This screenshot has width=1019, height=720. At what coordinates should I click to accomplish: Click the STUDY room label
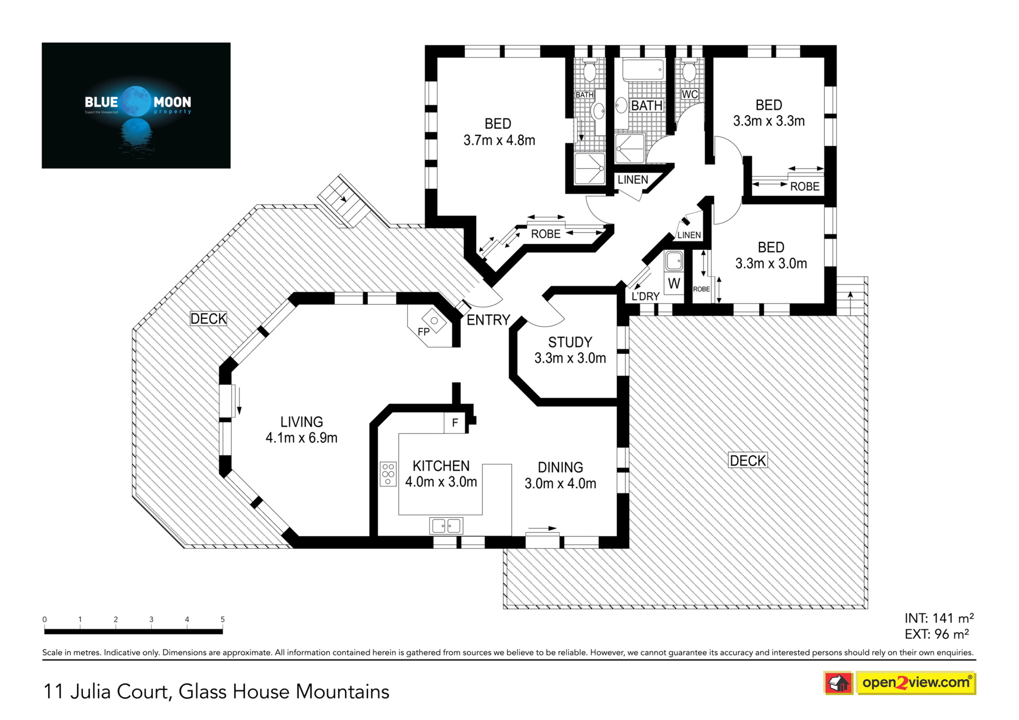[x=570, y=342]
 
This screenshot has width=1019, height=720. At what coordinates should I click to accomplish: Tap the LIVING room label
[x=301, y=422]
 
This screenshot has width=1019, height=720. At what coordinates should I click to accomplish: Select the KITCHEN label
[x=441, y=466]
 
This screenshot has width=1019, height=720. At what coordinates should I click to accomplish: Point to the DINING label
[x=560, y=467]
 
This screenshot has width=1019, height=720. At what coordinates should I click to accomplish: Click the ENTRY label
[x=488, y=320]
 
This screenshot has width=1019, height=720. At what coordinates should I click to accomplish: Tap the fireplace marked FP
[x=433, y=325]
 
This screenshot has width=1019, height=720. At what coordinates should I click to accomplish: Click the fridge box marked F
[x=455, y=423]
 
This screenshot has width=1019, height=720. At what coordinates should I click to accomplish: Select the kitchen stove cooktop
[x=388, y=474]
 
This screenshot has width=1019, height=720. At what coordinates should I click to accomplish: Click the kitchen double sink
[x=446, y=526]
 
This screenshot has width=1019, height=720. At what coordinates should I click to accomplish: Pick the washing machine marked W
[x=674, y=284]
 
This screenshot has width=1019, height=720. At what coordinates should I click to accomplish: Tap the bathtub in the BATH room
[x=643, y=70]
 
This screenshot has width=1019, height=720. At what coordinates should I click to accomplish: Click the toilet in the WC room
[x=689, y=72]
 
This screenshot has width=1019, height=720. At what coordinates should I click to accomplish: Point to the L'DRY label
[x=645, y=297]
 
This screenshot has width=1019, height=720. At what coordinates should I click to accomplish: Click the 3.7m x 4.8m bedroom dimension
[x=499, y=141]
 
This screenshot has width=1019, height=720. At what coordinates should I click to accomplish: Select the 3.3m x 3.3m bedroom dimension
[x=769, y=122]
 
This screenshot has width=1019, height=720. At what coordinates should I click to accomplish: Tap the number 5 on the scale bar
[x=223, y=619]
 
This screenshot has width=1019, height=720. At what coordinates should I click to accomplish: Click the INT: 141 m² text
[x=939, y=618]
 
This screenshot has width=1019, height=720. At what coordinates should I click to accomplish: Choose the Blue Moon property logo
[x=136, y=106]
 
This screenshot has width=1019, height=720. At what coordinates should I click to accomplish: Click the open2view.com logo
[x=900, y=683]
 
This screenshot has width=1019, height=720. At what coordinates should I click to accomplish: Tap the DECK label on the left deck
[x=209, y=319]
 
